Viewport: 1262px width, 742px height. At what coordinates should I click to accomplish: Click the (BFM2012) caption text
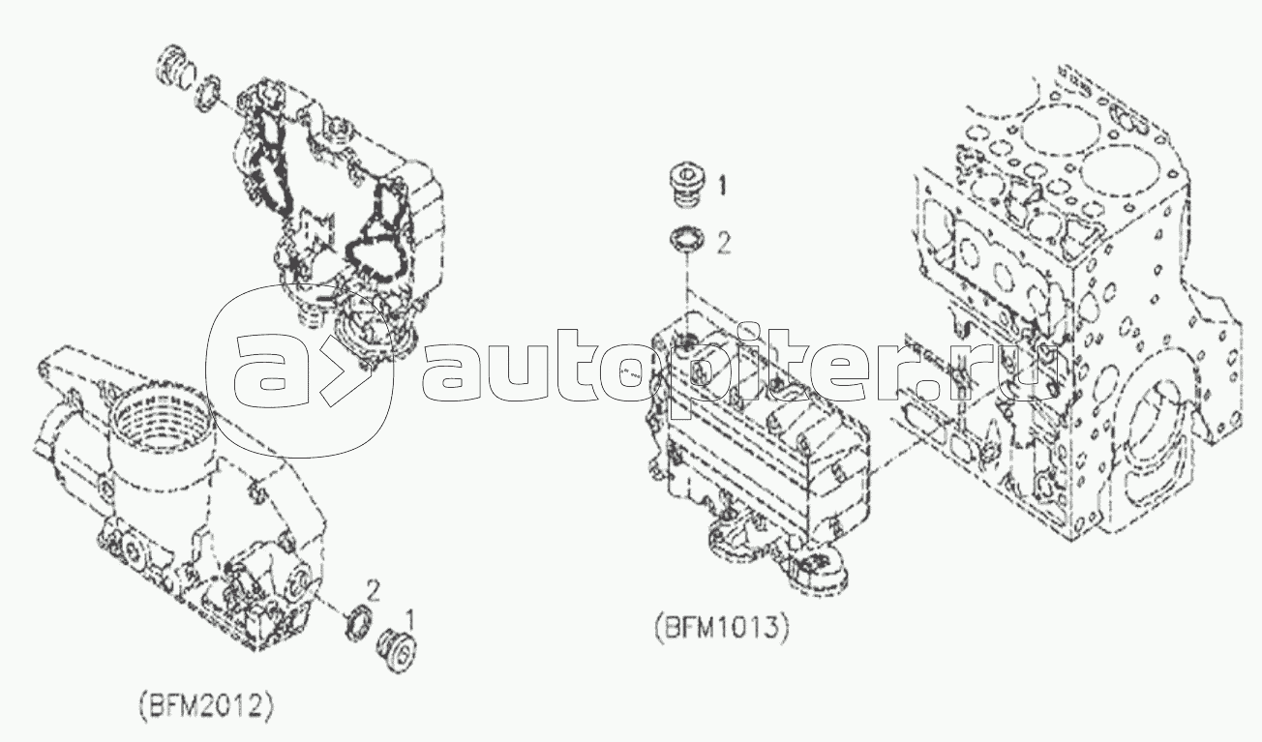(x=206, y=705)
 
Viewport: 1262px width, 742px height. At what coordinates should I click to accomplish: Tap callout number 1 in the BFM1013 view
(x=722, y=185)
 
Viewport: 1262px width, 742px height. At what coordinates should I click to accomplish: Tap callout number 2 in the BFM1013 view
(x=723, y=245)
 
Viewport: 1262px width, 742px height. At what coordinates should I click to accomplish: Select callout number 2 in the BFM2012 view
(x=373, y=590)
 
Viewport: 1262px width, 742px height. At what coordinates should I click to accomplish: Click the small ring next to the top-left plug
(x=209, y=90)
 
